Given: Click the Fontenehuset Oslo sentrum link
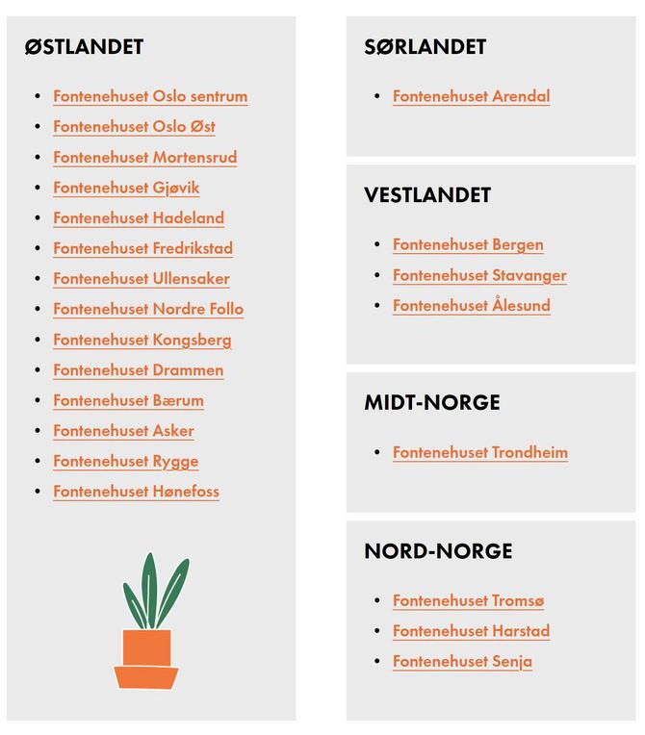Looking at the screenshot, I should pos(150,96).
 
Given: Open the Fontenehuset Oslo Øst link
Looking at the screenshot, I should pos(134,127).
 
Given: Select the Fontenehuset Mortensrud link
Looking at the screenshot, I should pos(144,158).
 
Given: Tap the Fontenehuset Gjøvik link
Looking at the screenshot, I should pos(126,188).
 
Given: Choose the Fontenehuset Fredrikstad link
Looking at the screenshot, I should pos(142,248).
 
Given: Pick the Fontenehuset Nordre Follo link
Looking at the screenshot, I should pos(148,309).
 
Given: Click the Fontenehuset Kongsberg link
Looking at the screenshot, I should pos(142,340).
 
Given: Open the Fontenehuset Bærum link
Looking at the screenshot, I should pos(128,400).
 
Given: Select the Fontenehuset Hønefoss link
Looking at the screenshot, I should pos(136,492).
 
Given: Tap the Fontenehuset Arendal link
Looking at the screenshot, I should pos(471,96).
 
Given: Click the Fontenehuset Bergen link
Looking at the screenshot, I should pos(468,244).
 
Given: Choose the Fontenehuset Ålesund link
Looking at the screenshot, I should pos(471,306).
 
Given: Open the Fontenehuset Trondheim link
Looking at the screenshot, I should pos(479,452).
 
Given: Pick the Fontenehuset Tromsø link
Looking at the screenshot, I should pos(468,600).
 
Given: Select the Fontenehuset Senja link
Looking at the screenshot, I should pos(462,662).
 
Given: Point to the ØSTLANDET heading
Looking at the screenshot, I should pos(84,46).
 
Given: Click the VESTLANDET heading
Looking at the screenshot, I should pos(427,195).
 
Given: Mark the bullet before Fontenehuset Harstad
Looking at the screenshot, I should pos(377,631).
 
